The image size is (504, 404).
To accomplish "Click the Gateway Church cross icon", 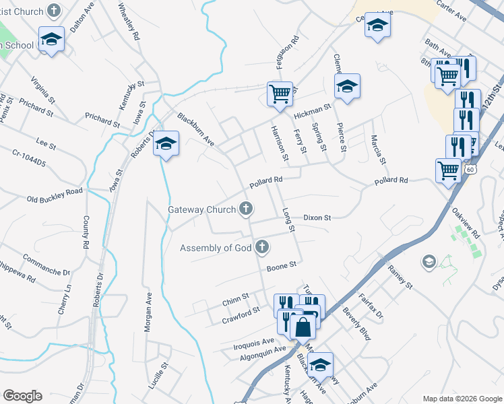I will [247, 209].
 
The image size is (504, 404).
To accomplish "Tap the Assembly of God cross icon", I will [261, 248].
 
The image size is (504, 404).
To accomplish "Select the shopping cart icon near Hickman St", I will [279, 94].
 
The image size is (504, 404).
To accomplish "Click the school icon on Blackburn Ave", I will [166, 144].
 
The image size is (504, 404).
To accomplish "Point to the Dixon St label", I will [317, 218].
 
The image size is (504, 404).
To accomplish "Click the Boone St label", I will [281, 267].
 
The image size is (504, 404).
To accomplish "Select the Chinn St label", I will [236, 296].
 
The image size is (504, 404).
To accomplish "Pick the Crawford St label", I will [241, 315].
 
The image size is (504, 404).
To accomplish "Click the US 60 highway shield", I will [470, 170].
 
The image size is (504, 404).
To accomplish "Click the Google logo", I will [22, 396].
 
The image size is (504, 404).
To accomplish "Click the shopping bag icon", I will [303, 328].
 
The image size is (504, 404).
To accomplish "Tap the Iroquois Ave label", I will [253, 343].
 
